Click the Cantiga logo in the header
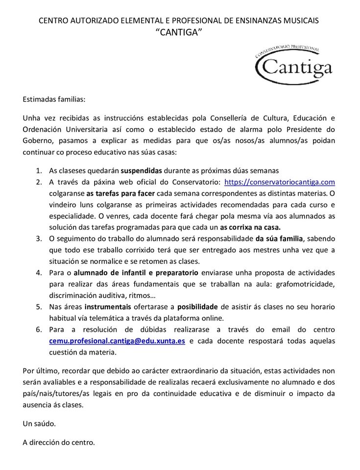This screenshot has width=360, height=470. click(294, 66)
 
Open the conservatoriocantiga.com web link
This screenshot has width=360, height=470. click(279, 182)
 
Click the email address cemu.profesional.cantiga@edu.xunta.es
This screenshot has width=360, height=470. click(117, 341)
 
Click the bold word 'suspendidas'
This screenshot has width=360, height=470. click(141, 171)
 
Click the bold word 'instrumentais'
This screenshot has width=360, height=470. click(108, 306)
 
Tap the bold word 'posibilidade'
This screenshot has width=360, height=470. click(198, 306)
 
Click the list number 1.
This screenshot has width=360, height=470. click(39, 171)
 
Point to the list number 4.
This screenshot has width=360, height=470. click(39, 272)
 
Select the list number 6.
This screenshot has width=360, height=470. click(39, 329)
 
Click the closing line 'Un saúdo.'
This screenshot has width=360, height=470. click(39, 423)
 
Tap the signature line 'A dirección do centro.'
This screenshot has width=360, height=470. click(59, 443)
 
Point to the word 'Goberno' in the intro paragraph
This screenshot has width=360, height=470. click(37, 141)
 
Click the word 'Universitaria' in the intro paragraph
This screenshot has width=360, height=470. click(83, 130)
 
